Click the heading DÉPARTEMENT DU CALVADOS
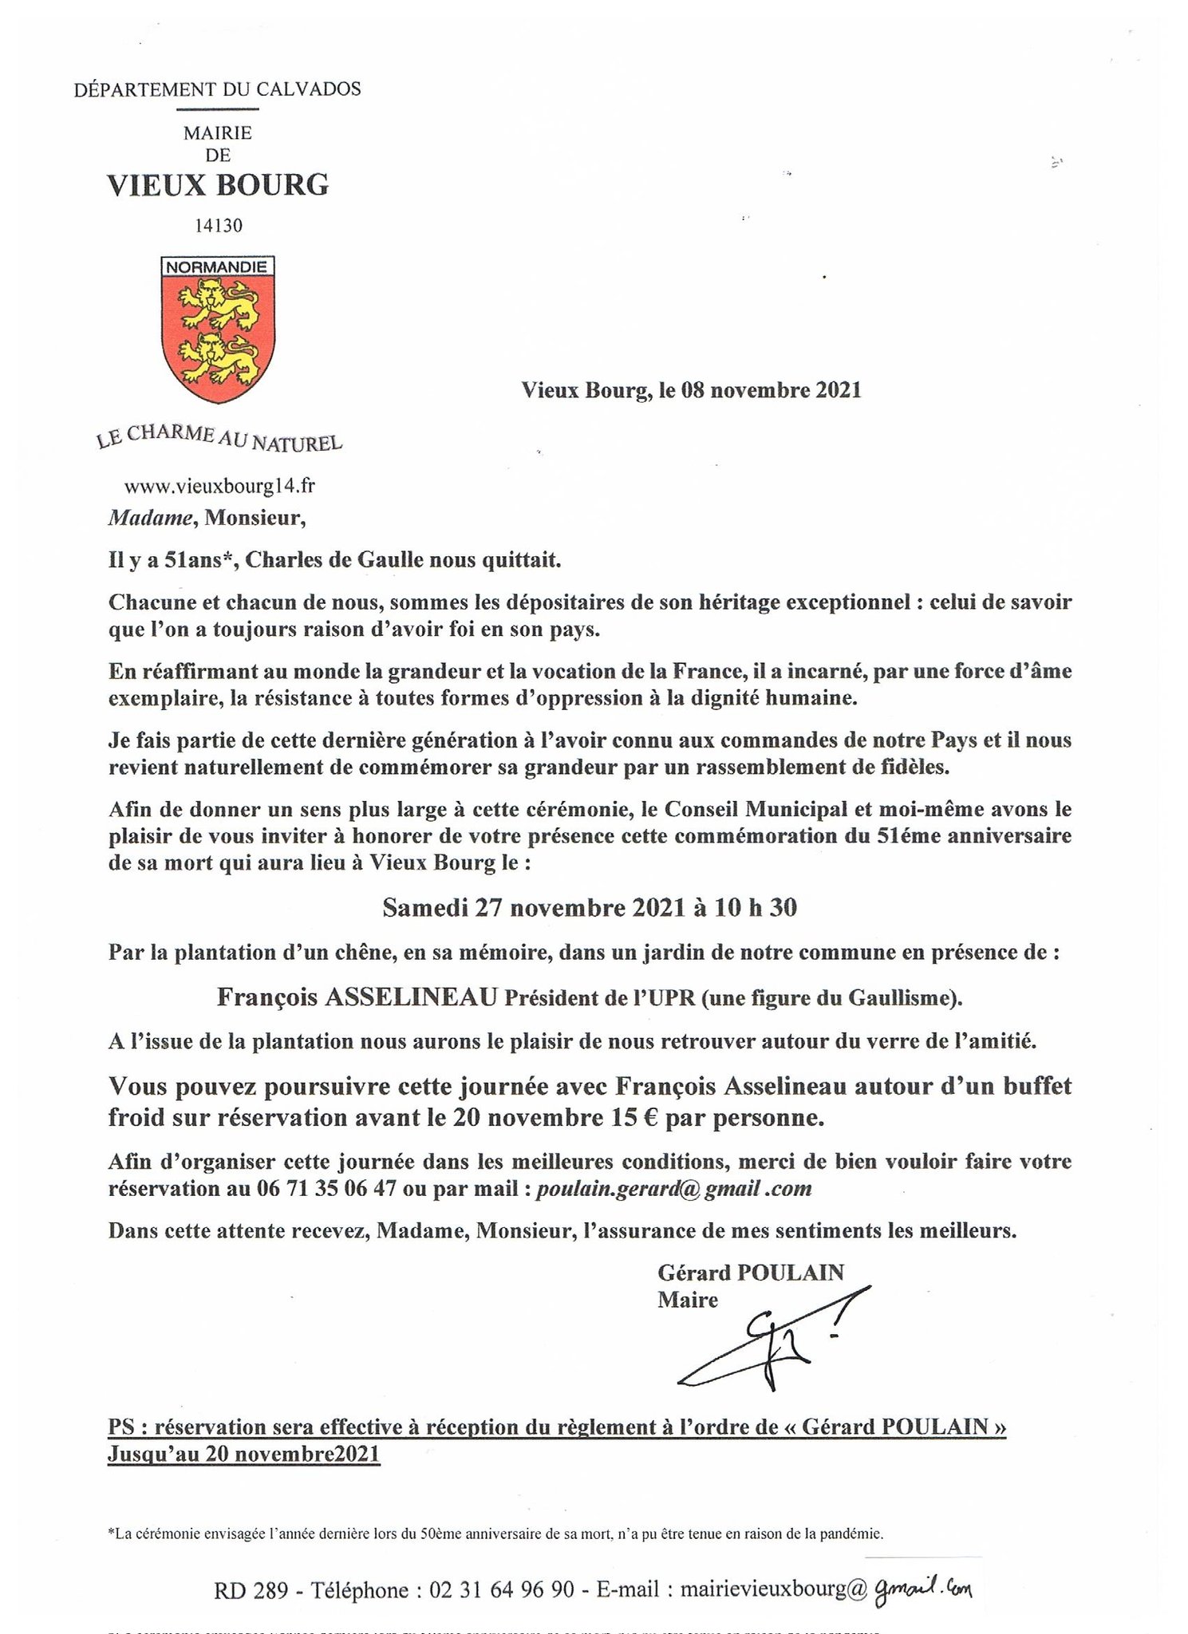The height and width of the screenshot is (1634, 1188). (217, 89)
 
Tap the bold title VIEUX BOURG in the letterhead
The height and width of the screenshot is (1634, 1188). (218, 186)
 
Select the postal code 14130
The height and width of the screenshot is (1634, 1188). (218, 226)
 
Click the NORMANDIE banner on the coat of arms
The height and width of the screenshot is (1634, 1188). (218, 266)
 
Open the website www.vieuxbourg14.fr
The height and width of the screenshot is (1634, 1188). (214, 485)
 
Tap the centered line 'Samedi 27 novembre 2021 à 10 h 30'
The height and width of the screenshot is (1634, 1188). (590, 908)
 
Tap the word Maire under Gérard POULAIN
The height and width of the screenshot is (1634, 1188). (687, 1300)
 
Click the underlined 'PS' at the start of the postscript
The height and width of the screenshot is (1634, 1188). (121, 1427)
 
